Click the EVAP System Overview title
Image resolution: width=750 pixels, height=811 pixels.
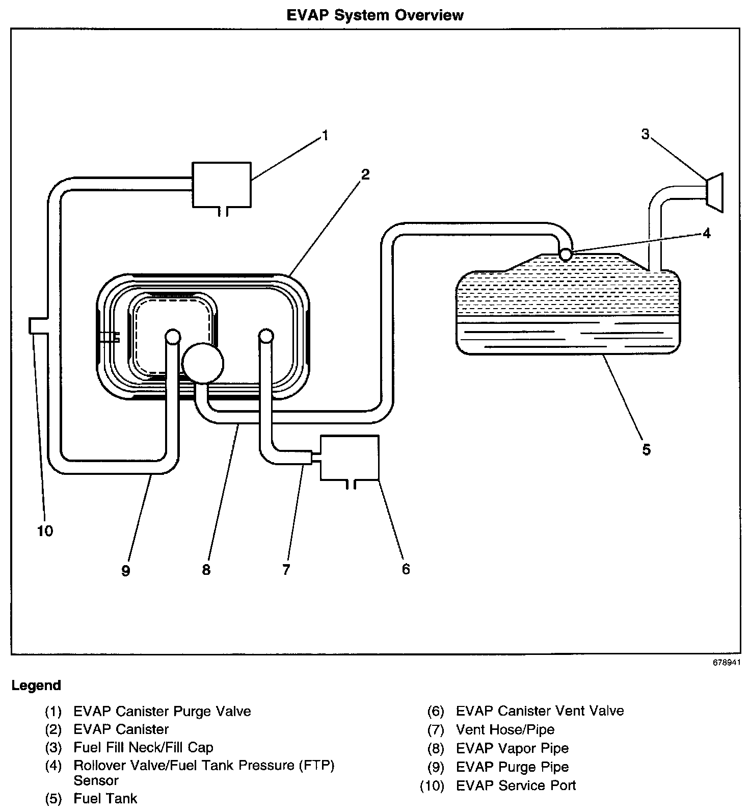[x=375, y=15]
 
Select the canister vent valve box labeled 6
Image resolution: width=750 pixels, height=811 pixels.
[x=350, y=457]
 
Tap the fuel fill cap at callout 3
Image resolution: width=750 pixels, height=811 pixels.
[x=715, y=192]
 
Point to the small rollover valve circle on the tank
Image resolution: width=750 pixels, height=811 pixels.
[x=566, y=254]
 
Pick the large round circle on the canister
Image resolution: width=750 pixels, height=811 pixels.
[x=202, y=363]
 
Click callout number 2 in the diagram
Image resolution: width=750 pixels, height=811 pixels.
[x=365, y=175]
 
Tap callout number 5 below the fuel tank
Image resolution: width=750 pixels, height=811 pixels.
[x=646, y=449]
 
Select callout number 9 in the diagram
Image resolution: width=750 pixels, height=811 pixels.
[x=126, y=570]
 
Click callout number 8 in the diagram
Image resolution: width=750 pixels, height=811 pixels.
[x=206, y=569]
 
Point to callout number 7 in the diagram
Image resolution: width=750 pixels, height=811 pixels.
[x=286, y=569]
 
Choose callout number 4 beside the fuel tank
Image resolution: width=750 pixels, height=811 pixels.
[x=706, y=233]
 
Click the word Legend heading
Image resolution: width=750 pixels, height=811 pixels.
[x=36, y=686]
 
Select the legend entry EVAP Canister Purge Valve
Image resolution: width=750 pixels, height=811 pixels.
[x=162, y=711]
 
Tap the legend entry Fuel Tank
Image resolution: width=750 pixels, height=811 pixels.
[x=105, y=798]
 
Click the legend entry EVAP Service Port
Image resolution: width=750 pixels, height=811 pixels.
[x=516, y=785]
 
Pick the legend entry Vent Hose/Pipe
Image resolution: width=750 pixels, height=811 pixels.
[x=505, y=730]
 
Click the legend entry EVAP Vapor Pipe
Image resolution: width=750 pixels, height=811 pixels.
[x=512, y=748]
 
